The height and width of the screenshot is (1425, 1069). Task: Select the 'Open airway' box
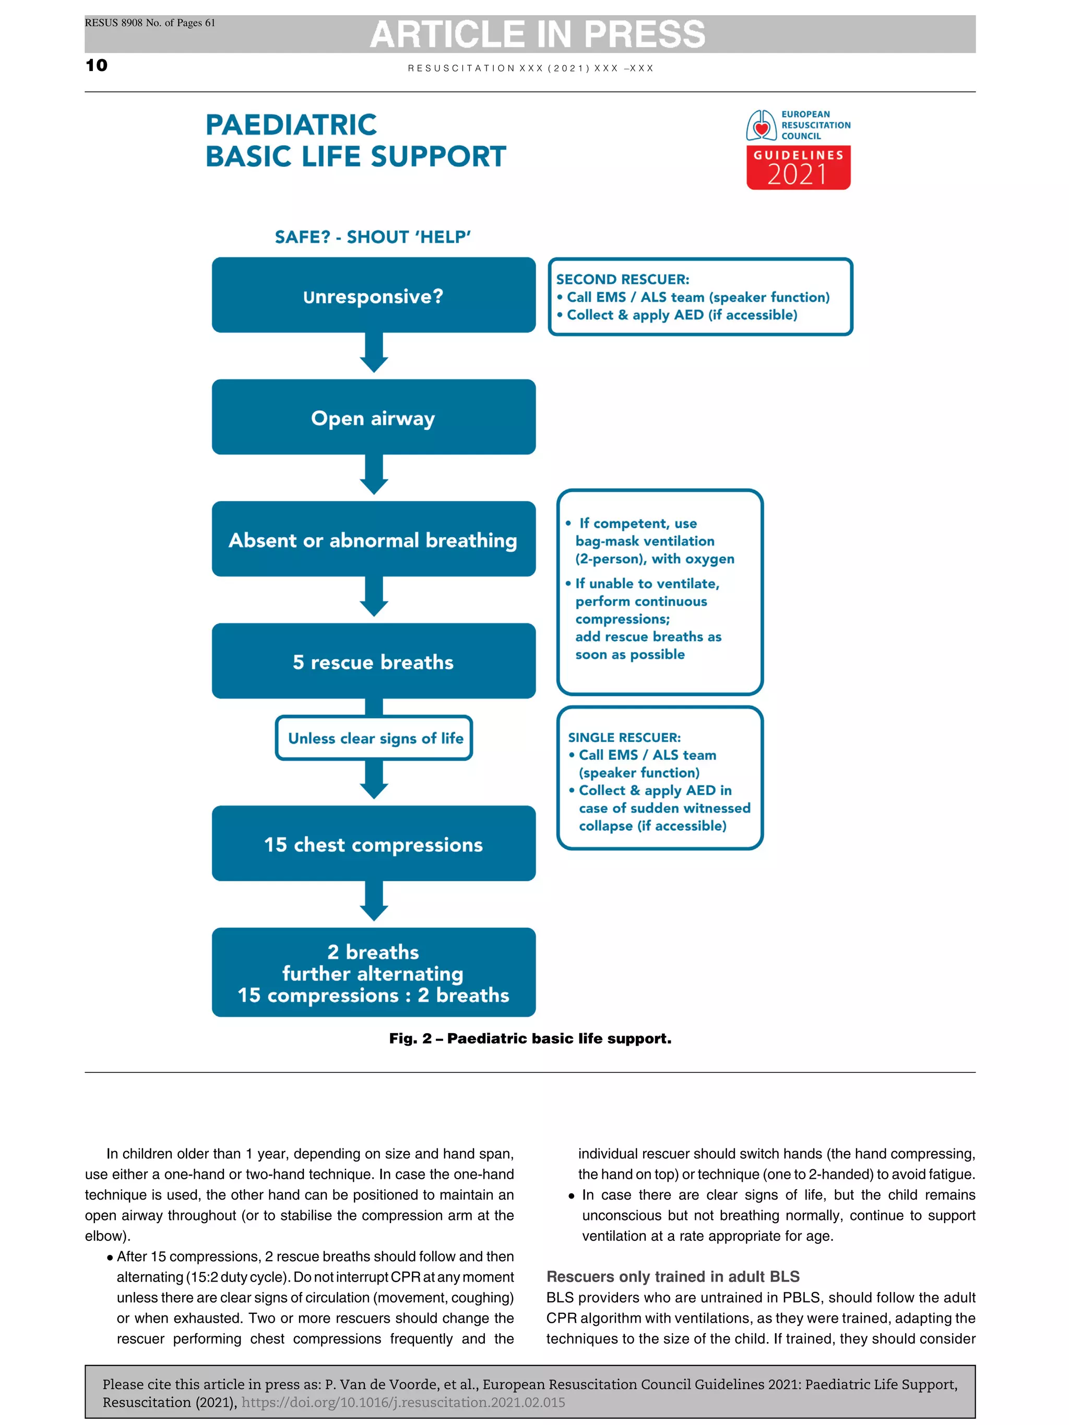(373, 417)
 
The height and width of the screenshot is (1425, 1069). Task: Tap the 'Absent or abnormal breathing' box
(373, 538)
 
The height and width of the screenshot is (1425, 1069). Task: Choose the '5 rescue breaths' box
(373, 661)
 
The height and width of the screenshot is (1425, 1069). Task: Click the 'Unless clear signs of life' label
(374, 738)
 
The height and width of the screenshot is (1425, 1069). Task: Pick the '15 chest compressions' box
(373, 843)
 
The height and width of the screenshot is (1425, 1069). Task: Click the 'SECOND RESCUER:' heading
(623, 279)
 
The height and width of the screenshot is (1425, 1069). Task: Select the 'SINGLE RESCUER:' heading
(624, 737)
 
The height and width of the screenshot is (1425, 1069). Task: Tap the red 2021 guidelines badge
(798, 167)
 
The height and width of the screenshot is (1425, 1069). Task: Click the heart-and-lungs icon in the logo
(761, 126)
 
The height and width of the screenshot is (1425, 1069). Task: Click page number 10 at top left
(97, 65)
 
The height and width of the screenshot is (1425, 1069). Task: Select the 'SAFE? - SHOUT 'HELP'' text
(373, 237)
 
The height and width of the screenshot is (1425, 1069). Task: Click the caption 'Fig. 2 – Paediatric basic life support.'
(530, 1038)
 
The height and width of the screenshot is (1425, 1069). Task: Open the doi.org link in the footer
(403, 1402)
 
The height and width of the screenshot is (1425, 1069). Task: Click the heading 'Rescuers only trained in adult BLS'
(673, 1276)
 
